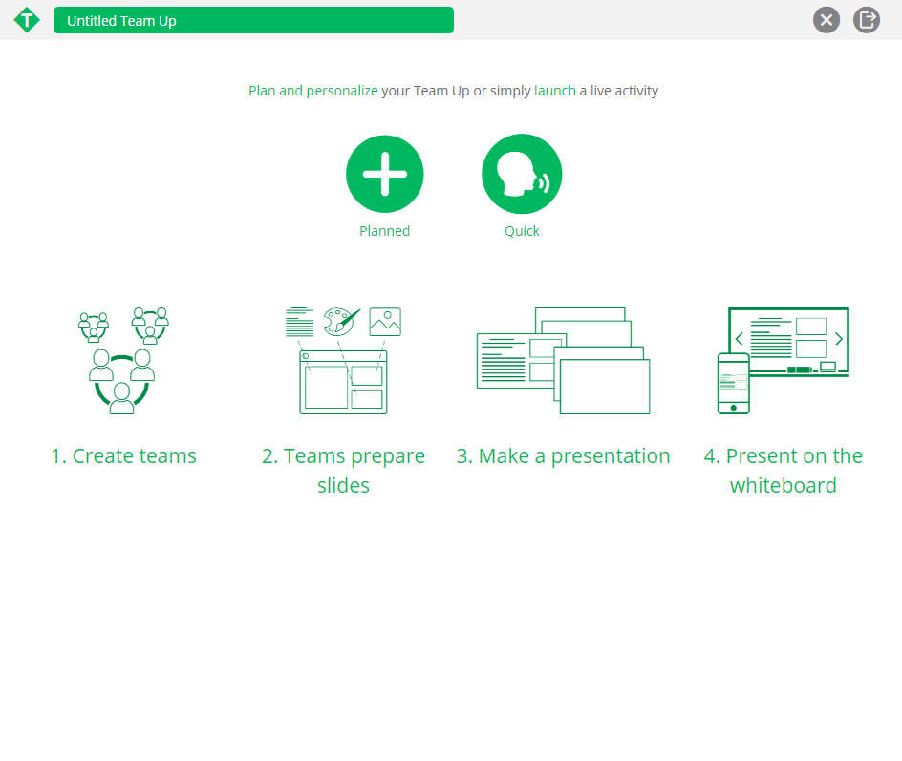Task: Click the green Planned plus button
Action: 385,174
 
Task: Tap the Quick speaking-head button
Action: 522,174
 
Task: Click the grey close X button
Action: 827,20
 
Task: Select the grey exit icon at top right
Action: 867,20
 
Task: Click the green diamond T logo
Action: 27,20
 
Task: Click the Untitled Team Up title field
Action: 253,20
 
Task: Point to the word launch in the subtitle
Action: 554,91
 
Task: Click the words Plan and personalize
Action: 313,91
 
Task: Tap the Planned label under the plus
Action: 385,231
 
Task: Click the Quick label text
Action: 522,231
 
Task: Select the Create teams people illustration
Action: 123,360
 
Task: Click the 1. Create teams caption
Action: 123,455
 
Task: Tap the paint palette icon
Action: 341,321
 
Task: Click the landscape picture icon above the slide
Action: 385,322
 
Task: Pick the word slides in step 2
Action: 343,486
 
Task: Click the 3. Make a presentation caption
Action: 563,455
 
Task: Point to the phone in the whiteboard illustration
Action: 734,384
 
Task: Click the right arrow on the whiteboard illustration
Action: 839,339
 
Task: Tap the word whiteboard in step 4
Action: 783,486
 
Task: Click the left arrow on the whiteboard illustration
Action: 740,339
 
